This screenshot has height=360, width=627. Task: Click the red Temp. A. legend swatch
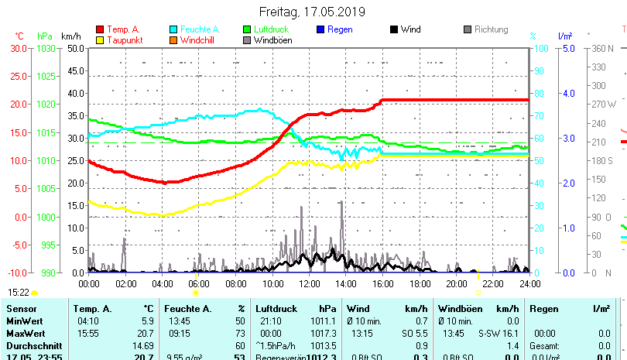point(100,29)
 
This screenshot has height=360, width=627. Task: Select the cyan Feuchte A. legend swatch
point(174,29)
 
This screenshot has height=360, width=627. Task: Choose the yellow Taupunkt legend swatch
point(100,40)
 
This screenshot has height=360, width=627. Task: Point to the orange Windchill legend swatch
point(174,40)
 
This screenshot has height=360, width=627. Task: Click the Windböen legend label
point(272,40)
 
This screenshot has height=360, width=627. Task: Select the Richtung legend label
point(491,29)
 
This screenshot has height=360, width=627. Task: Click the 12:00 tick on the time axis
point(309,283)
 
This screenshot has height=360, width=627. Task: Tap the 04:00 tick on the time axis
point(162,283)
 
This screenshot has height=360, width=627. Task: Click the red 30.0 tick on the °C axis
point(19,48)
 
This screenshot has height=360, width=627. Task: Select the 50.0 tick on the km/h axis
point(75,48)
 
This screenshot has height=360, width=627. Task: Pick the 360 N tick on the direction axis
point(603,48)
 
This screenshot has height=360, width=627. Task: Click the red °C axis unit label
point(19,36)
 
